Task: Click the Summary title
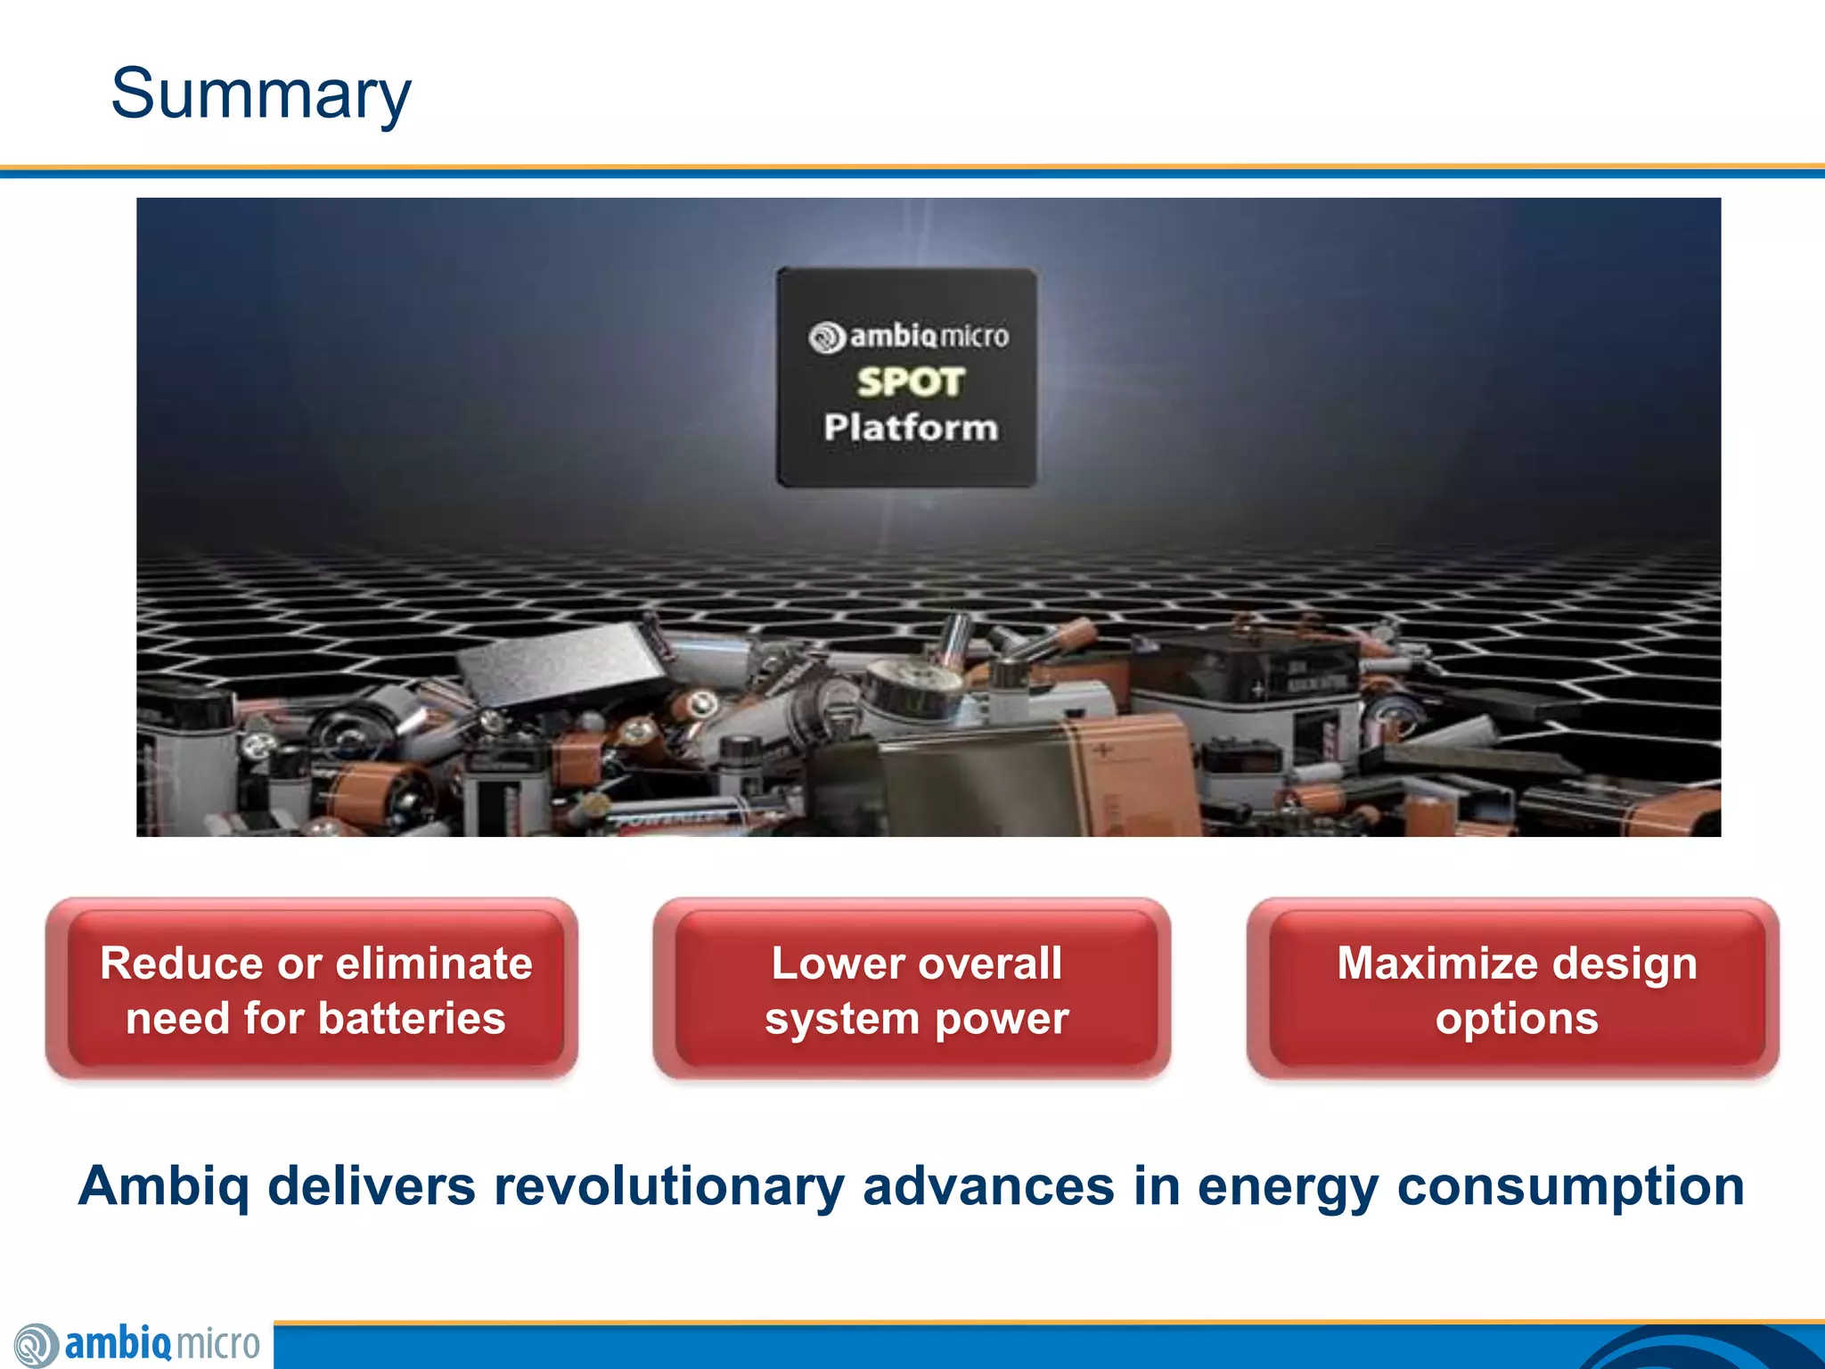tap(260, 94)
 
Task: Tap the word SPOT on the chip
tap(910, 382)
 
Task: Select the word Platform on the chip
tap(910, 428)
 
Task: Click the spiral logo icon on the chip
tap(826, 338)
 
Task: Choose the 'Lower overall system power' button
tap(912, 989)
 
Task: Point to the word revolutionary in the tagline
tap(668, 1186)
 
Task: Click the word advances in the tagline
tap(988, 1186)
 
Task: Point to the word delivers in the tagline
tap(372, 1186)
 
